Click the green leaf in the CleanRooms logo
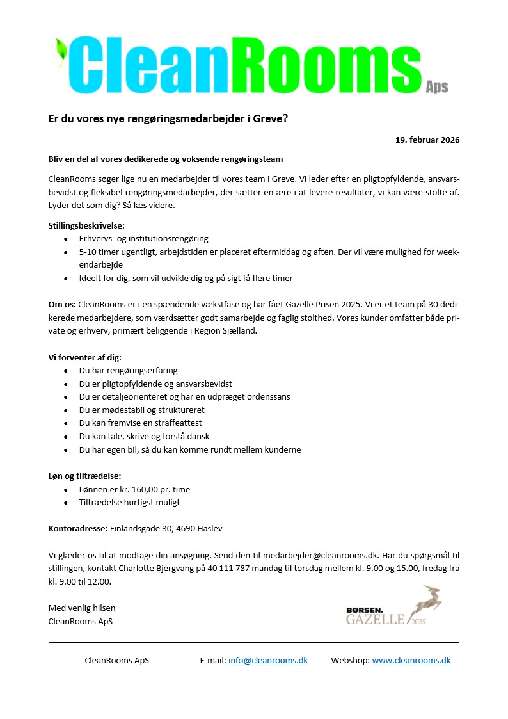tap(62, 51)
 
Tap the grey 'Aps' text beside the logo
tap(437, 87)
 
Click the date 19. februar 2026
tap(427, 140)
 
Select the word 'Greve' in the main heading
tap(269, 118)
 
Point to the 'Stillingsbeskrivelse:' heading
tap(86, 225)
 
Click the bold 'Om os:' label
tap(62, 303)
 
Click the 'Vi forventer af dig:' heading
tap(84, 357)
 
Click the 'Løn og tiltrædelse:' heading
tap(84, 476)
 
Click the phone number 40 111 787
tap(228, 569)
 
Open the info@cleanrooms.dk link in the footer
tap(267, 660)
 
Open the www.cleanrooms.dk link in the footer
tap(411, 660)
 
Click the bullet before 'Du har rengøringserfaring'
tap(66, 371)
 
